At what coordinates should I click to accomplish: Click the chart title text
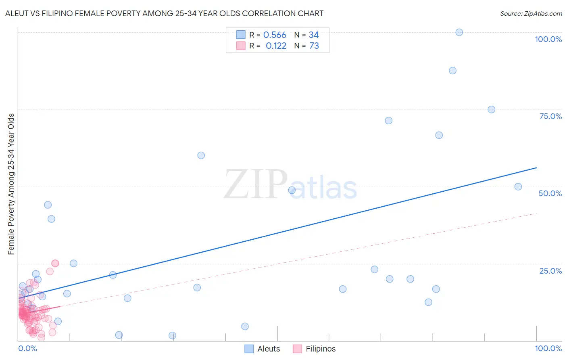pos(164,13)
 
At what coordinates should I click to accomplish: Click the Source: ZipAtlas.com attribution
pos(531,13)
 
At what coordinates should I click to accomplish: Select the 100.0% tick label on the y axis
pos(548,39)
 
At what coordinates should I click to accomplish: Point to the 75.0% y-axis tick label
pos(550,116)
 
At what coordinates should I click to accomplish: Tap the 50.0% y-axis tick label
pos(550,193)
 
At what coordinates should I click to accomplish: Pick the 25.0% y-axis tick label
pos(550,271)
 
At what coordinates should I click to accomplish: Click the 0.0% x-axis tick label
pos(27,348)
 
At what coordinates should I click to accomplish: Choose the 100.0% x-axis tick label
pos(548,348)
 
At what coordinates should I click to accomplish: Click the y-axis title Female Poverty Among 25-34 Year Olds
pos(11,184)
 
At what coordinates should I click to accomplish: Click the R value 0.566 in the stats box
pos(275,35)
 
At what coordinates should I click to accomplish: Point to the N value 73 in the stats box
pos(314,46)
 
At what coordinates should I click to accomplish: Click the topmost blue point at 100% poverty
pos(459,32)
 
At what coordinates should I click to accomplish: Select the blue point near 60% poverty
pos(201,155)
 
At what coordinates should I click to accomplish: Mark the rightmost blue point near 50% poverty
pos(518,187)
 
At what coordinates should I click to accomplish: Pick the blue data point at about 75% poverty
pos(491,109)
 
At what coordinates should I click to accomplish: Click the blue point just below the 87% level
pos(452,71)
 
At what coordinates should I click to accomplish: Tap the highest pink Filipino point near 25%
pos(55,263)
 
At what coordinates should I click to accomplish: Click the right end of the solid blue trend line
pos(536,167)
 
